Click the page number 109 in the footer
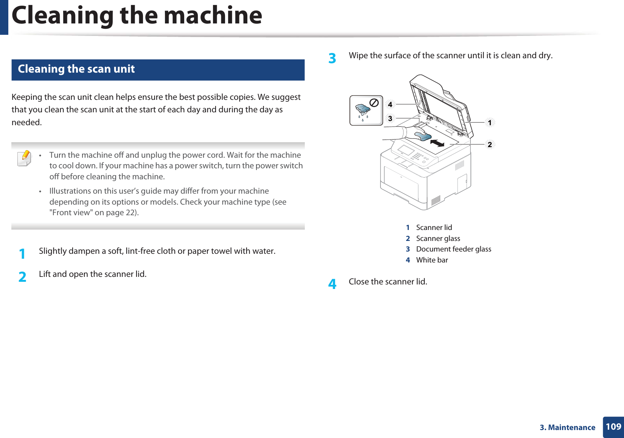pos(613,427)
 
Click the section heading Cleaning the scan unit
pos(76,69)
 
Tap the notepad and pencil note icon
pos(24,158)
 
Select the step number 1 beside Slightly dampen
pos(22,253)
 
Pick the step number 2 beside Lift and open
pos(22,277)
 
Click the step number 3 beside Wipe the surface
pos(332,58)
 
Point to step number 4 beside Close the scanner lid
pos(332,284)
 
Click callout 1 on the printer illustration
pos(490,123)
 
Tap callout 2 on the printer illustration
pos(490,144)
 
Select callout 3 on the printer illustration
pos(390,119)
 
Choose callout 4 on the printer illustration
pos(390,104)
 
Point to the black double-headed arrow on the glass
pos(437,143)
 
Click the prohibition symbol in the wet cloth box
pos(374,103)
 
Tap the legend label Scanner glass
pos(438,239)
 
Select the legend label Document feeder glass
pos(453,249)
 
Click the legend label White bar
pos(432,260)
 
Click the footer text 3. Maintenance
pos(567,427)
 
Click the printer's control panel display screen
pos(406,150)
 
